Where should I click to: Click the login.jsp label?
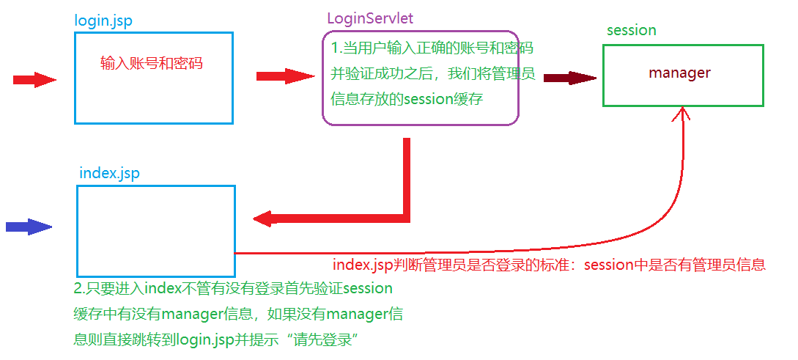[x=103, y=20]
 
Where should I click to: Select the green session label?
[x=631, y=30]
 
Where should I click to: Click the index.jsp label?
[x=108, y=174]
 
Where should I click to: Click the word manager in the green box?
[x=679, y=73]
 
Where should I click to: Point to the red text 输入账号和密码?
[x=151, y=63]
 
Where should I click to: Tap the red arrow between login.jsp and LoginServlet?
[x=285, y=76]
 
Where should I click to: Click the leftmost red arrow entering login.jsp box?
[x=34, y=79]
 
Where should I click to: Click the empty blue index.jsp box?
[x=155, y=230]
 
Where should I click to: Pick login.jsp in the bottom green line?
[x=202, y=340]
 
